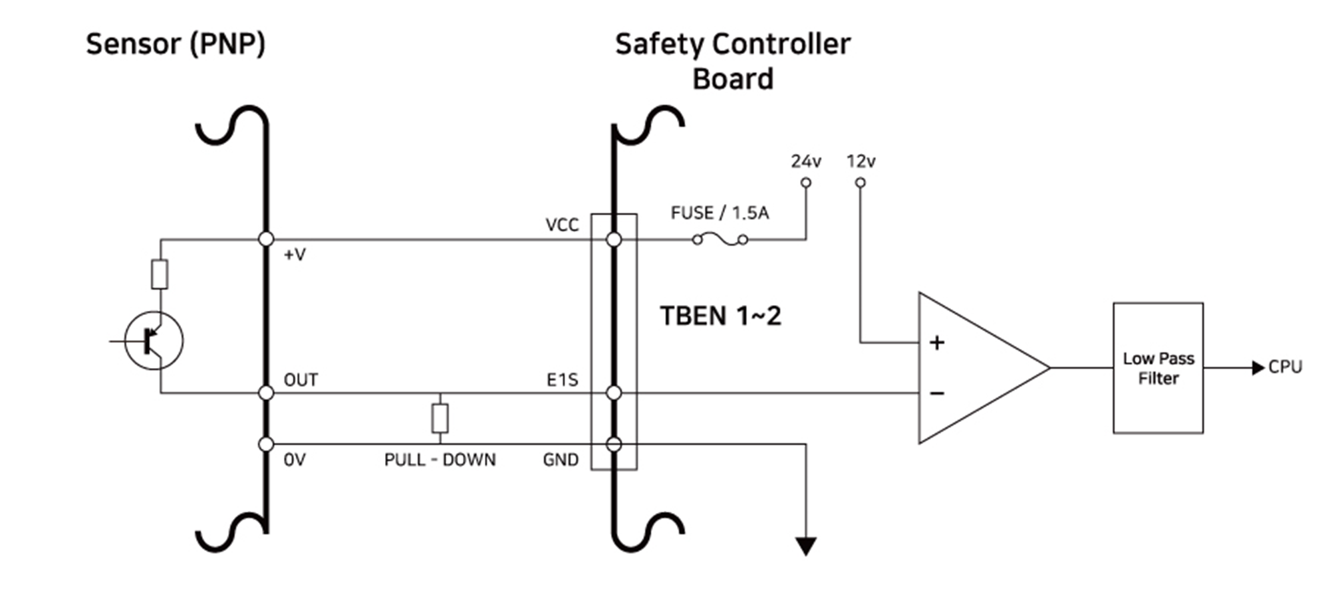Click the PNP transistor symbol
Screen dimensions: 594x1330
[154, 340]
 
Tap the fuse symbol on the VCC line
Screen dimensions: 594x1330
[720, 239]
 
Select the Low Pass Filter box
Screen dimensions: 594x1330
[1158, 368]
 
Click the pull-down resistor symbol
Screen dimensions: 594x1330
[440, 418]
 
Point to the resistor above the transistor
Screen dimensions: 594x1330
[160, 274]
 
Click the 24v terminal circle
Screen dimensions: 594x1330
[806, 183]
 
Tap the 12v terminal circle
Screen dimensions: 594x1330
[861, 183]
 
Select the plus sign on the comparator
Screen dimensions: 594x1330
[937, 343]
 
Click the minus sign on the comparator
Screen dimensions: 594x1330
[937, 394]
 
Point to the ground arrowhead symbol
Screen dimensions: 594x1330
[806, 546]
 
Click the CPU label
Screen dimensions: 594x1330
[1285, 367]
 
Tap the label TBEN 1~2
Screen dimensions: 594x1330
[720, 316]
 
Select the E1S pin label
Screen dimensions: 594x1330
[562, 380]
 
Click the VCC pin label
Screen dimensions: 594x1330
[562, 225]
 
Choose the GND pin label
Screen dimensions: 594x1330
[561, 460]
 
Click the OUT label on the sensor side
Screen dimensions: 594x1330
[301, 380]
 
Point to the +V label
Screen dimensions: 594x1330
[295, 254]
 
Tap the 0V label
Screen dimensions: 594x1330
[295, 460]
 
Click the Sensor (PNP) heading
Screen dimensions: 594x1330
[176, 45]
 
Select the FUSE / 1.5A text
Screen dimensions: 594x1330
[720, 213]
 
